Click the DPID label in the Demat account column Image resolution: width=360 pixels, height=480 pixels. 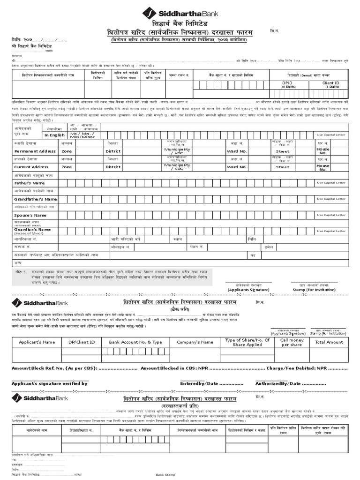[287, 82]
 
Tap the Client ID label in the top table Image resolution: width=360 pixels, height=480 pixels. [331, 82]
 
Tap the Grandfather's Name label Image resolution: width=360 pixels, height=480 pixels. [35, 199]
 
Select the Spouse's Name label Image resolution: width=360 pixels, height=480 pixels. [30, 215]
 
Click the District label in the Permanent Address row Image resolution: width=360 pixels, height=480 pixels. [113, 151]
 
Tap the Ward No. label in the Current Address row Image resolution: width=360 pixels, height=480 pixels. [236, 167]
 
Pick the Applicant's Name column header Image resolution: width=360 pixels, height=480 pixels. [37, 342]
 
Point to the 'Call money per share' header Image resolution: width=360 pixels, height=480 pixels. [292, 342]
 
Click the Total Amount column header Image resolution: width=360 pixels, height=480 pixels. [329, 342]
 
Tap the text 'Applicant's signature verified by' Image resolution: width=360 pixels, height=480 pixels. [50, 383]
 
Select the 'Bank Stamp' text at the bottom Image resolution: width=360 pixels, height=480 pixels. [165, 475]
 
